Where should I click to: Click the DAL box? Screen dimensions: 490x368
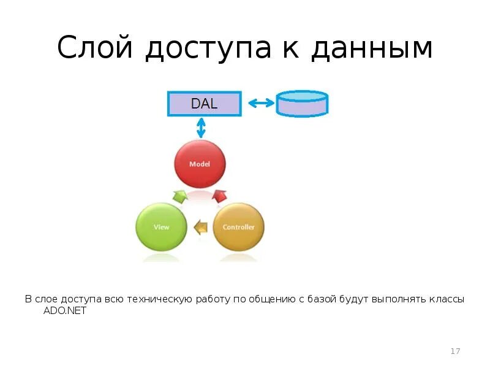pos(204,103)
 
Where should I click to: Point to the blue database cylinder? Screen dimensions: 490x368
pos(303,104)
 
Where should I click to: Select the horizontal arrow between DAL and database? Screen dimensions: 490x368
pos(261,103)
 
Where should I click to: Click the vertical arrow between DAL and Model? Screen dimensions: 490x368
pos(200,128)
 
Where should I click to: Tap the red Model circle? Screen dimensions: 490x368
pos(200,164)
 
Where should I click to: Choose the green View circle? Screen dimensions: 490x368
pos(161,226)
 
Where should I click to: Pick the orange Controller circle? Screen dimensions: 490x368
pos(238,226)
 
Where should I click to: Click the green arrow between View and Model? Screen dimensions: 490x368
pos(180,196)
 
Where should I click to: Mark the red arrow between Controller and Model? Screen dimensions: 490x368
pos(219,196)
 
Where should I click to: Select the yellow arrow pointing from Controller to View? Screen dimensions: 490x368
pos(200,228)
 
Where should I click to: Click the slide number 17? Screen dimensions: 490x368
pos(455,351)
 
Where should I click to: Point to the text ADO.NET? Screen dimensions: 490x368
pos(65,310)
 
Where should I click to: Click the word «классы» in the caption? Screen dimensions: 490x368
pos(447,299)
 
